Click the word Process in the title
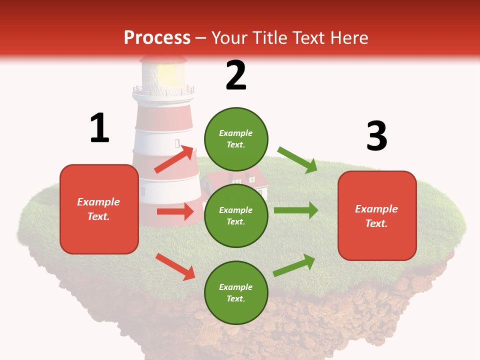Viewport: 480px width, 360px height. pyautogui.click(x=157, y=37)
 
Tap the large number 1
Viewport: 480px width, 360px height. pyautogui.click(x=99, y=128)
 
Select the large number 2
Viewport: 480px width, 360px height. pyautogui.click(x=236, y=75)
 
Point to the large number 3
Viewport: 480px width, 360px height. pyautogui.click(x=376, y=136)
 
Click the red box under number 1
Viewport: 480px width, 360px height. pyautogui.click(x=99, y=209)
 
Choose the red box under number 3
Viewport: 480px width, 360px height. pyautogui.click(x=377, y=215)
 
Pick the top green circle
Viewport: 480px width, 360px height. pyautogui.click(x=236, y=139)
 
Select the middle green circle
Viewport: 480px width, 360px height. pyautogui.click(x=236, y=215)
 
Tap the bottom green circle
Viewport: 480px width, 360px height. pyautogui.click(x=236, y=292)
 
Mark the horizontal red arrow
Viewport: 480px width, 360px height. pyautogui.click(x=175, y=211)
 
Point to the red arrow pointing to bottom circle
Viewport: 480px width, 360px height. pyautogui.click(x=175, y=266)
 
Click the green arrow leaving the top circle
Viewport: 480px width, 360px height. pyautogui.click(x=297, y=160)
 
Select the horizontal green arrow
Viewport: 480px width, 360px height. pyautogui.click(x=296, y=210)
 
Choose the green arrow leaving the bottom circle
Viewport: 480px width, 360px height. pyautogui.click(x=294, y=265)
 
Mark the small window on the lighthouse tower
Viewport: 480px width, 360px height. pyautogui.click(x=177, y=143)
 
